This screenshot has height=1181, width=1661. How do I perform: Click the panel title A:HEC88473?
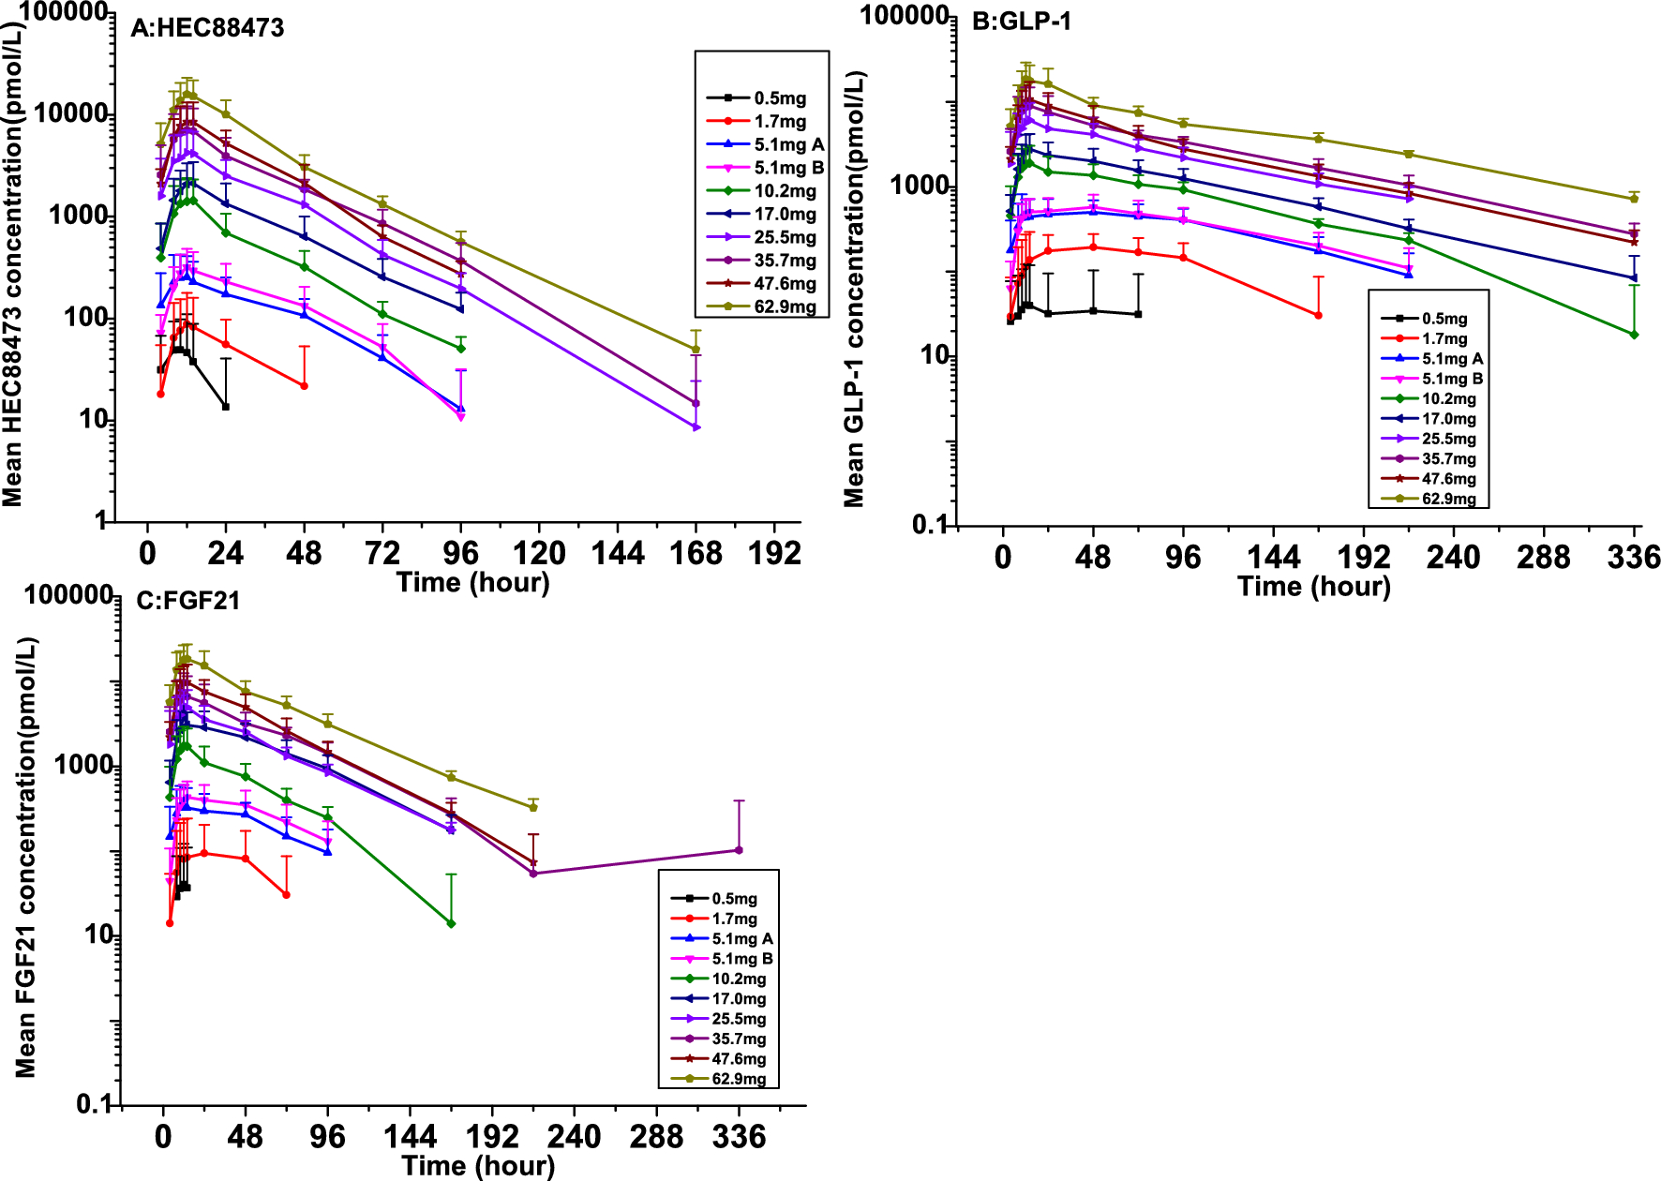pos(207,28)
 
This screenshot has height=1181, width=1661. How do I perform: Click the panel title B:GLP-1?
pos(1021,21)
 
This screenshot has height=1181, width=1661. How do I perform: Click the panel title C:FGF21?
pos(187,601)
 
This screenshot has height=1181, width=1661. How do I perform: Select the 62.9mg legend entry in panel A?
pos(785,307)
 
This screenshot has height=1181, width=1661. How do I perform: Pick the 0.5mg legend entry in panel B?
pos(1444,320)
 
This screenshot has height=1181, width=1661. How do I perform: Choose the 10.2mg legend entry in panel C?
pos(739,979)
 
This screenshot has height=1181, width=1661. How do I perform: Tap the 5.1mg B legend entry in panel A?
pos(788,168)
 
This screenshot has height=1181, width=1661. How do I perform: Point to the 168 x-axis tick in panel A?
pos(696,553)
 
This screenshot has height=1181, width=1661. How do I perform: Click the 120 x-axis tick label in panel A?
pos(539,553)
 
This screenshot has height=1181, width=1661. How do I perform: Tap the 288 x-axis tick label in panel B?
pos(1543,558)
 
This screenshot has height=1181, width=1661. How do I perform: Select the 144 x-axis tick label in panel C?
pos(410,1138)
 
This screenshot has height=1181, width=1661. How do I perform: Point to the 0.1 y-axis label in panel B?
pos(930,525)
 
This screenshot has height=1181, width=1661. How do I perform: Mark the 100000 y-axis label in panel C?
pos(68,595)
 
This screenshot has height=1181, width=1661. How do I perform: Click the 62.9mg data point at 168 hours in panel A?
pos(696,350)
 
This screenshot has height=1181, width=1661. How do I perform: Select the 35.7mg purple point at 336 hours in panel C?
pos(739,850)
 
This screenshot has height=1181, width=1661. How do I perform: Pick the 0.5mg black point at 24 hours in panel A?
pos(226,407)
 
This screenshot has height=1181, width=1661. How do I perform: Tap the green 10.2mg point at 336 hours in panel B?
pos(1634,335)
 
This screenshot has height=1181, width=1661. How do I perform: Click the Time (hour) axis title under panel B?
pos(1313,587)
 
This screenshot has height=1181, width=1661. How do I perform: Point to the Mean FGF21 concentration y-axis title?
pos(26,857)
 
